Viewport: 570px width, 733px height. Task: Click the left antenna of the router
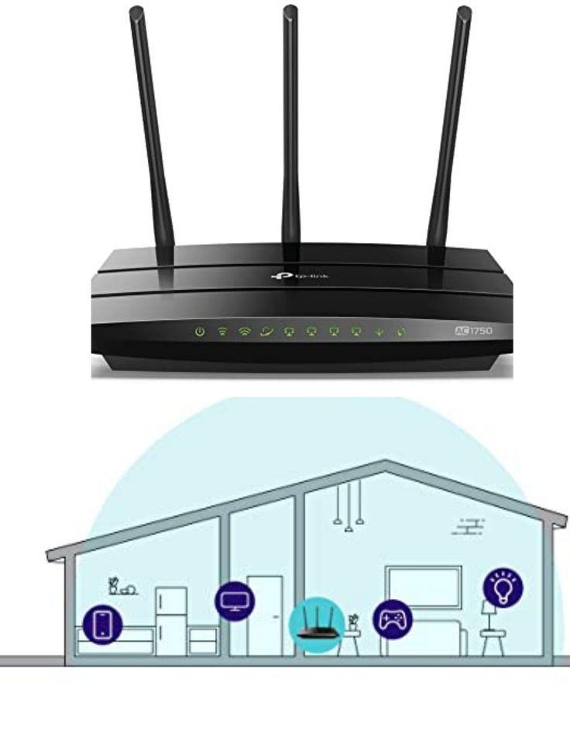pos(151,136)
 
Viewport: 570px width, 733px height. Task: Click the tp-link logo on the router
pos(300,277)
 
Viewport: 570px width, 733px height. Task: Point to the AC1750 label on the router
pos(473,331)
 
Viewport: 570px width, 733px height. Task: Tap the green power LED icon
pos(200,332)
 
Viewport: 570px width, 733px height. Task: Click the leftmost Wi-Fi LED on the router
pos(223,332)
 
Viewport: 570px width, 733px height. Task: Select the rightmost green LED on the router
pos(401,332)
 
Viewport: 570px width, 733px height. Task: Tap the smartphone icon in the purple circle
pos(103,625)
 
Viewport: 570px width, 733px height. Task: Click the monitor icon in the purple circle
pos(235,601)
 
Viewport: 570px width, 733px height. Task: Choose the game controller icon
pos(393,620)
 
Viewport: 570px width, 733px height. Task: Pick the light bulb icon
pos(503,587)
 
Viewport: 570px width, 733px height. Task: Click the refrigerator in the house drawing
pos(171,621)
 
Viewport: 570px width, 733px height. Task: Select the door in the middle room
pos(265,616)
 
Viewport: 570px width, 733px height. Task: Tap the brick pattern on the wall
pos(469,526)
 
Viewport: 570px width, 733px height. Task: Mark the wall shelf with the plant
pos(123,587)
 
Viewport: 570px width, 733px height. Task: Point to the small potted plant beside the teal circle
pos(354,622)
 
